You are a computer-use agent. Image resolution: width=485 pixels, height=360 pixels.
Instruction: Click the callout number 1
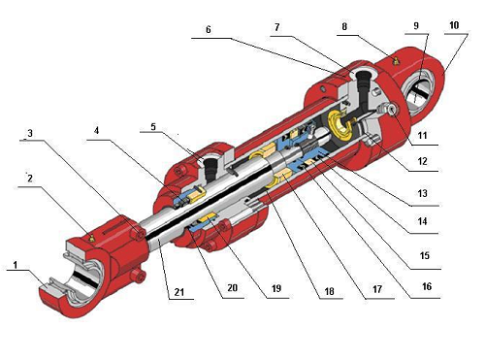pyautogui.click(x=15, y=264)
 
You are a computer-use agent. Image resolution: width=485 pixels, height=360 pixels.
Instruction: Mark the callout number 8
pyautogui.click(x=344, y=28)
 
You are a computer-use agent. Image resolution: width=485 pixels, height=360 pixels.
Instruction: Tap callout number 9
pyautogui.click(x=417, y=26)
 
